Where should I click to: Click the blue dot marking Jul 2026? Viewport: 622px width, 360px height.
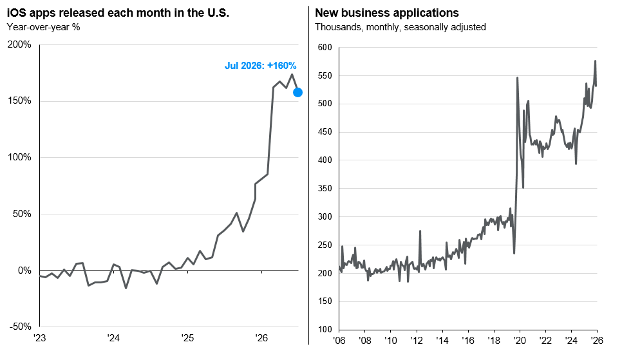[297, 93]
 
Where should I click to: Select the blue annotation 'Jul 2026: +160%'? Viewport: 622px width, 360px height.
[260, 66]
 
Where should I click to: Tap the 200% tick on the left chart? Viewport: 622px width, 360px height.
[19, 44]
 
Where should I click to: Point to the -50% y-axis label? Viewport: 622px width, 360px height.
[20, 327]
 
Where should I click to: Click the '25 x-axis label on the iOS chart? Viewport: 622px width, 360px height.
[187, 338]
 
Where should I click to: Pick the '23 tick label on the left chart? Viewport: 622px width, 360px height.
[39, 338]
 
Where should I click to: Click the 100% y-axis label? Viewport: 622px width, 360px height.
[19, 158]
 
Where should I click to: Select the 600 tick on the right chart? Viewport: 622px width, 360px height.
[325, 48]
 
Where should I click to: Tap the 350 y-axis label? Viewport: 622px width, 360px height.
[325, 189]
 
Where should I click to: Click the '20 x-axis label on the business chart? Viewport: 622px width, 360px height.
[519, 341]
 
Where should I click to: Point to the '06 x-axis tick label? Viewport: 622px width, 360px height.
[339, 341]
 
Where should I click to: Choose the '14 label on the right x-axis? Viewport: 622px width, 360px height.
[442, 341]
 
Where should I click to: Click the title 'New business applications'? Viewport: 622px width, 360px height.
[387, 13]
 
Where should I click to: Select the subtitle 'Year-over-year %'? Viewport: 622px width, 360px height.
[44, 27]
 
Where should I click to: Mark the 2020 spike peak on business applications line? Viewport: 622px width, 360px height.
[517, 77]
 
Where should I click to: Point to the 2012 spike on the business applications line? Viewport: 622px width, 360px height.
[420, 231]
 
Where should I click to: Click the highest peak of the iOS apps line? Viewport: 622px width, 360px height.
[292, 74]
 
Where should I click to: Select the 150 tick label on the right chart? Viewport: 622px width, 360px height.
[325, 301]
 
